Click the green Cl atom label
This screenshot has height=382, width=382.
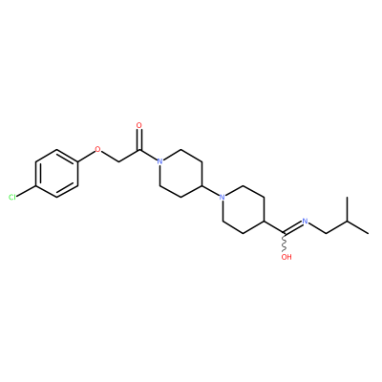pyautogui.click(x=12, y=198)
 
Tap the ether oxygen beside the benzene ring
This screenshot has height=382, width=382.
pyautogui.click(x=97, y=149)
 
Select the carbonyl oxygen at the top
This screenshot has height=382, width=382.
pyautogui.click(x=138, y=125)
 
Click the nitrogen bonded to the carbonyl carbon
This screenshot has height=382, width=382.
pyautogui.click(x=159, y=161)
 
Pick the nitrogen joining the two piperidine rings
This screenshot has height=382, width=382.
pyautogui.click(x=223, y=198)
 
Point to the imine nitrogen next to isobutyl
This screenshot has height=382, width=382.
pyautogui.click(x=306, y=222)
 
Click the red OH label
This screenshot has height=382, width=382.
pyautogui.click(x=286, y=257)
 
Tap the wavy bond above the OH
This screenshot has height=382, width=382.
pyautogui.click(x=285, y=243)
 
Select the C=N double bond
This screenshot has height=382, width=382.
pyautogui.click(x=293, y=227)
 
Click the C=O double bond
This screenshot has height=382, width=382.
pyautogui.click(x=138, y=139)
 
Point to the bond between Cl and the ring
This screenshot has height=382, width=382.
pyautogui.click(x=26, y=191)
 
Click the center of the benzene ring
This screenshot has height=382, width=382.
pyautogui.click(x=56, y=174)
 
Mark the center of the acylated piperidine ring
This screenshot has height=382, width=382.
pyautogui.click(x=180, y=174)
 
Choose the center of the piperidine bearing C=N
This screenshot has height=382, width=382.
pyautogui.click(x=244, y=209)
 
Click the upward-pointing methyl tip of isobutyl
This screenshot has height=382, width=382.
pyautogui.click(x=348, y=198)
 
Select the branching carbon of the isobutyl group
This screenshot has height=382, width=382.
pyautogui.click(x=348, y=222)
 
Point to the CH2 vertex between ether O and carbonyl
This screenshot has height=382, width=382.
pyautogui.click(x=118, y=161)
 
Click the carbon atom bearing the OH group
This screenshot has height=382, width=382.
pyautogui.click(x=285, y=233)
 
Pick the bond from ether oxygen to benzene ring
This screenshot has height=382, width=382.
pyautogui.click(x=86, y=156)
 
